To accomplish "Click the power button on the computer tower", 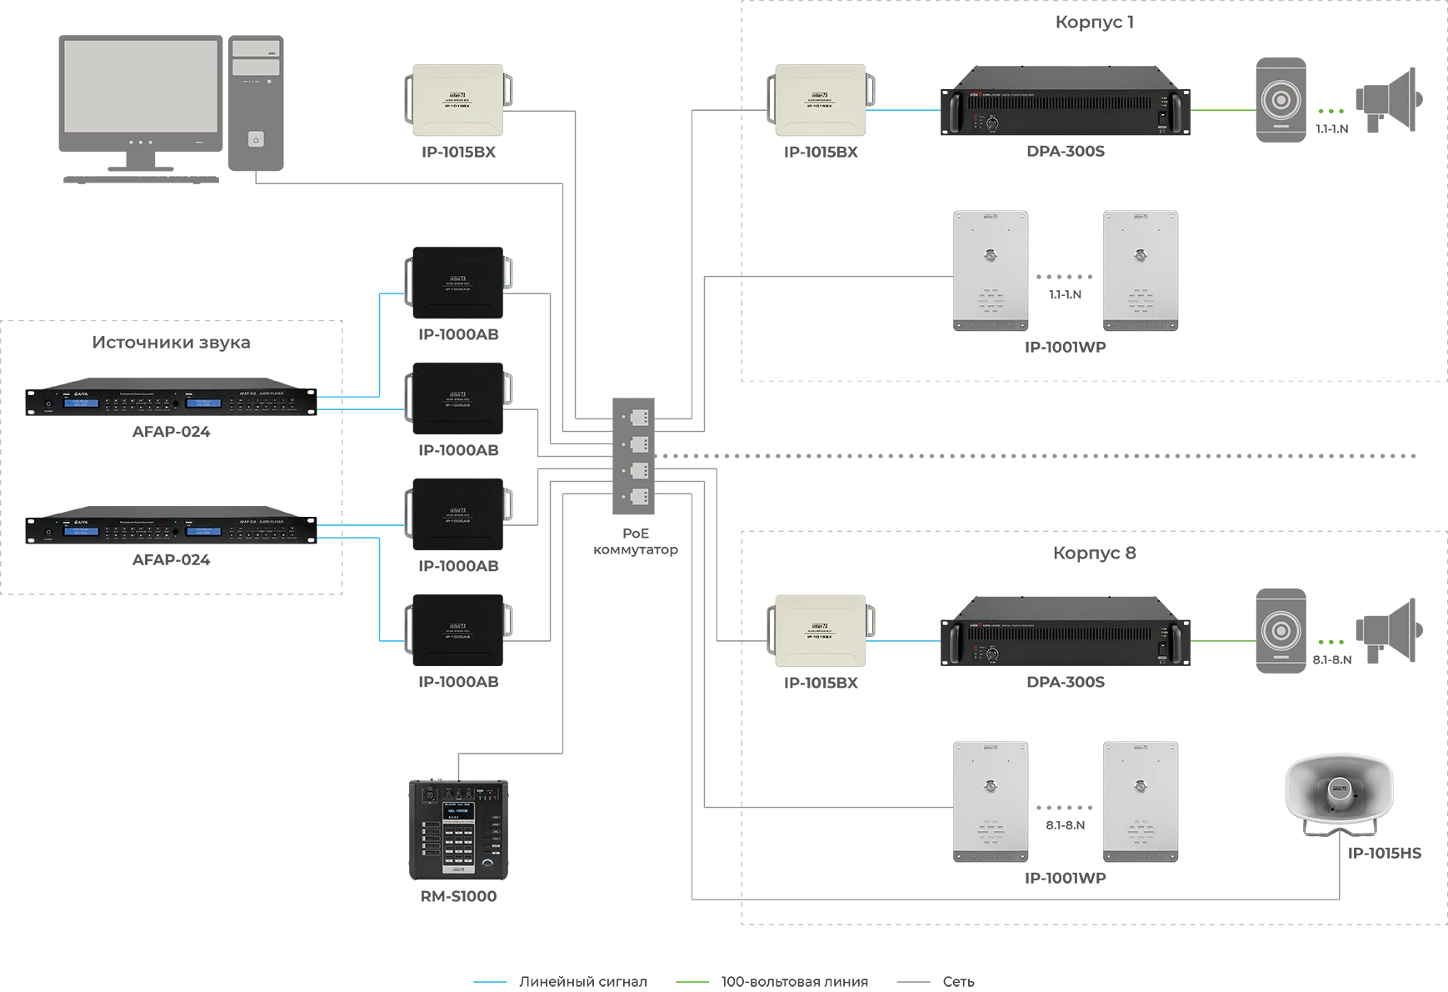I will [256, 139].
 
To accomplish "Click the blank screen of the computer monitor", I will [141, 86].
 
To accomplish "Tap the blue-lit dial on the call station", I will [485, 867].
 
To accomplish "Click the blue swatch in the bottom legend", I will [493, 984].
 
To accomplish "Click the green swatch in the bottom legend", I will [696, 984].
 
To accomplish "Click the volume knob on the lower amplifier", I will [992, 654].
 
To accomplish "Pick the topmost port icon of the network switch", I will [639, 417].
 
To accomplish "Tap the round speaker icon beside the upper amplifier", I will [1281, 100].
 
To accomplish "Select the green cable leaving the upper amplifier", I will [1222, 109].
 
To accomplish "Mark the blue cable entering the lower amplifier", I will [903, 642].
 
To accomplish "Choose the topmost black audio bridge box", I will [458, 282].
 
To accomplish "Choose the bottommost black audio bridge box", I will [458, 629].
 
